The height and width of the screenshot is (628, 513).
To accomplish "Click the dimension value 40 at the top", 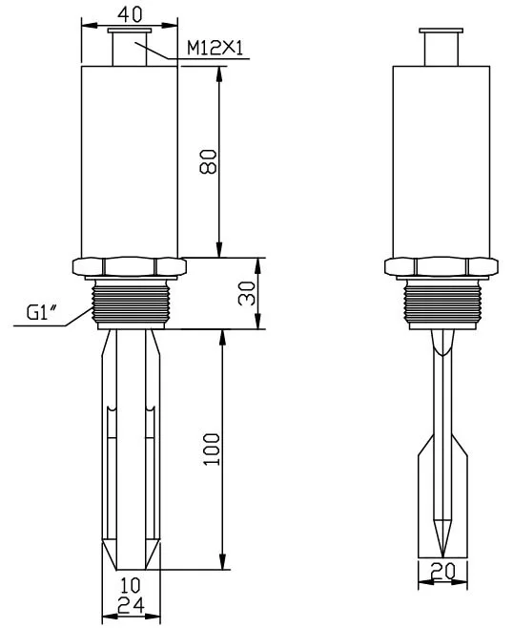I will pos(130,14).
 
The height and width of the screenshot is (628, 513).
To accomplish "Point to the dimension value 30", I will pos(244,294).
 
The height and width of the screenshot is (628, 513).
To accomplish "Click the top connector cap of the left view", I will pos(129,46).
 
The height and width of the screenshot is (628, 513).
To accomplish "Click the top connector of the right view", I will pos(441,46).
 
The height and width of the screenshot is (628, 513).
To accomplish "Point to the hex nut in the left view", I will pos(129,266).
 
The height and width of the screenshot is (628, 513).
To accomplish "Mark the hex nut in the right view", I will pos(441,266).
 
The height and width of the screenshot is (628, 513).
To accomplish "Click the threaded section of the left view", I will pos(129,303).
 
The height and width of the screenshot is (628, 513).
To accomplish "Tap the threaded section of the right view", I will pos(441,303).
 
